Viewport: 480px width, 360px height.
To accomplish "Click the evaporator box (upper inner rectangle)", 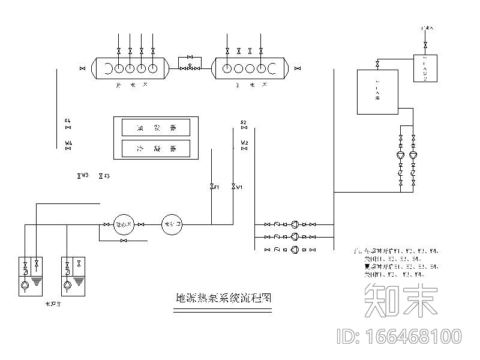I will tap(156, 127).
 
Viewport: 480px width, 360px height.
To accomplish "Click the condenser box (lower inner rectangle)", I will tap(156, 148).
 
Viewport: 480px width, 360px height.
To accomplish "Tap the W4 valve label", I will tap(68, 143).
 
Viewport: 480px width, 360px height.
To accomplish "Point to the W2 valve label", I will tap(244, 143).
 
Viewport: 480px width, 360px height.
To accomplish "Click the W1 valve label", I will tap(239, 187).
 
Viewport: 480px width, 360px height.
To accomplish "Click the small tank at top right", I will tap(425, 68).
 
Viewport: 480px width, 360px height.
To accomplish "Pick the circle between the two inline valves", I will tap(125, 224).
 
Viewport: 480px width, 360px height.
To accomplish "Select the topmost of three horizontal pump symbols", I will tap(295, 224).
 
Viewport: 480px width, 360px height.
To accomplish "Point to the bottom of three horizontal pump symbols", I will tap(295, 248).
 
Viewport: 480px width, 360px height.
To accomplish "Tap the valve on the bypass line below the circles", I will tap(123, 241).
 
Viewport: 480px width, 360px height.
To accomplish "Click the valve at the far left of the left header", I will tap(82, 69).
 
